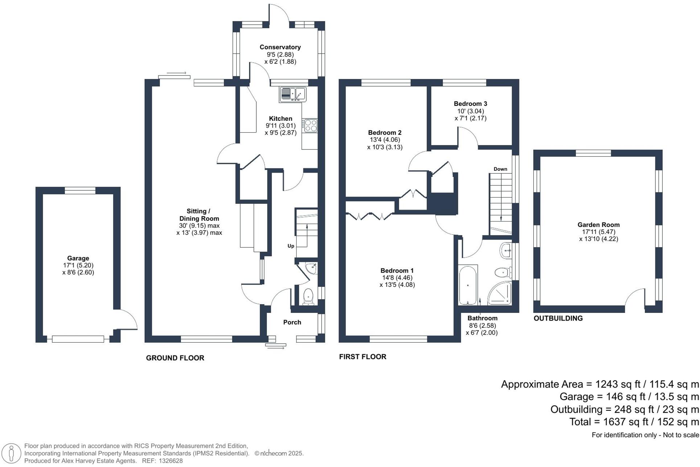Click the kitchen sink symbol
(293, 95)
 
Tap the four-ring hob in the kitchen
(310, 125)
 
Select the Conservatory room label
(280, 47)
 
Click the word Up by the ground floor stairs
(291, 246)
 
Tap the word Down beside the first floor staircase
(500, 169)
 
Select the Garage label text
(78, 258)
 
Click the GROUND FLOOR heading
(175, 358)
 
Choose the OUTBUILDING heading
(558, 318)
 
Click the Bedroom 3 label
(470, 104)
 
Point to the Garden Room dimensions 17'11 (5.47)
(598, 232)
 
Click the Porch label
(292, 322)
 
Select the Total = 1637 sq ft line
(634, 422)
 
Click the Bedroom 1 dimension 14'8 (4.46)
(397, 278)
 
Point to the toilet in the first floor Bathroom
(502, 272)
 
